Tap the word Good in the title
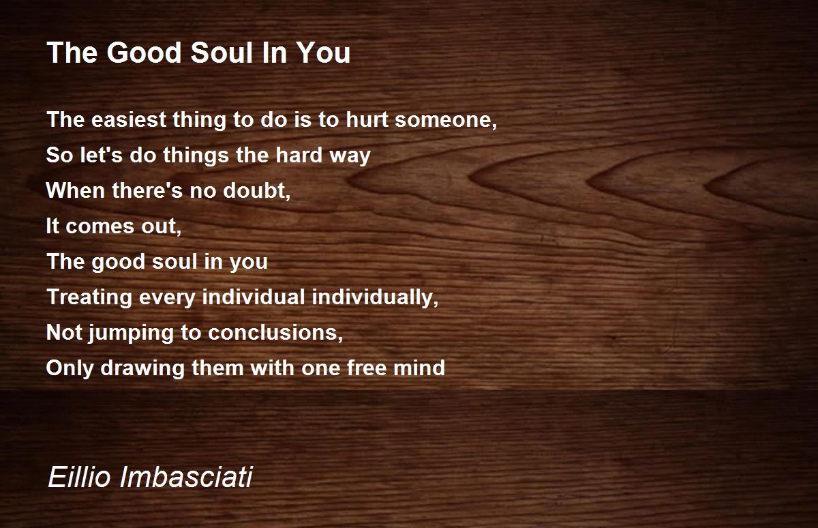[x=144, y=53]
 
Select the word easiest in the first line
[x=129, y=119]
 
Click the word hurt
[x=367, y=119]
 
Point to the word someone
[x=446, y=120]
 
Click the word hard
[x=299, y=155]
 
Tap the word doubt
[x=256, y=191]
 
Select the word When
[x=76, y=190]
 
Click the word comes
[x=100, y=226]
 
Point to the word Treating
[x=89, y=297]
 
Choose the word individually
[x=375, y=297]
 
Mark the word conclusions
[x=275, y=333]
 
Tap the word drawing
[x=142, y=368]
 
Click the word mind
[x=419, y=368]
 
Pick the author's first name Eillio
[x=79, y=477]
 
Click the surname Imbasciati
[x=186, y=477]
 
